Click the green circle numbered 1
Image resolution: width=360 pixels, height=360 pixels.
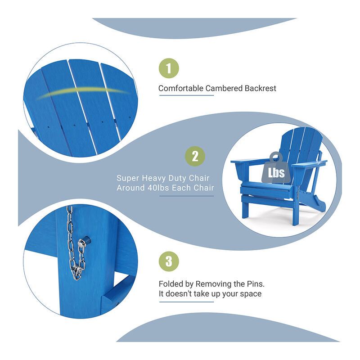click(x=169, y=68)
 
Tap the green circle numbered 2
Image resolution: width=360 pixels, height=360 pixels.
click(x=195, y=156)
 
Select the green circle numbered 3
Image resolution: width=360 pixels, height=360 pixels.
click(x=169, y=261)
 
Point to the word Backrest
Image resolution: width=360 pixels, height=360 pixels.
click(x=259, y=89)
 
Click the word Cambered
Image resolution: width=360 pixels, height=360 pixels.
click(x=223, y=89)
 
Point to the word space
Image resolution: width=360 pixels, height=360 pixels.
click(x=251, y=294)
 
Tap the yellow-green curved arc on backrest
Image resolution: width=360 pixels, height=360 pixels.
click(x=81, y=92)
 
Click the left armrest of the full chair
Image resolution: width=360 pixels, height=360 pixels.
click(x=248, y=160)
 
